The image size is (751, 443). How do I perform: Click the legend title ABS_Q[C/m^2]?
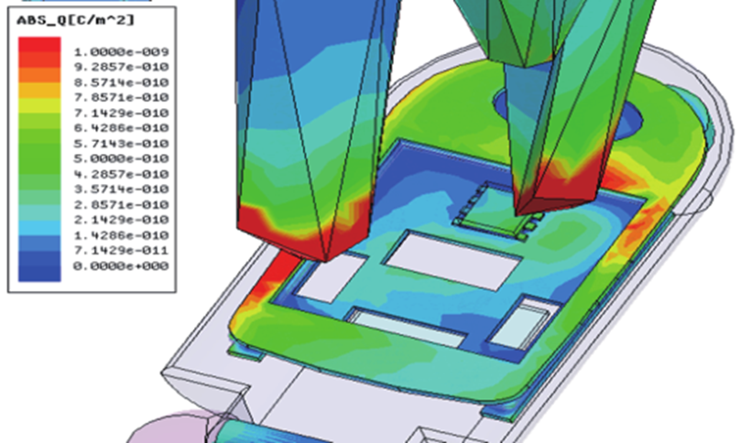pyautogui.click(x=76, y=20)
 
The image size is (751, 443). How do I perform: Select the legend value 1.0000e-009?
pyautogui.click(x=121, y=51)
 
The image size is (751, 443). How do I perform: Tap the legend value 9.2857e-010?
pyautogui.click(x=121, y=67)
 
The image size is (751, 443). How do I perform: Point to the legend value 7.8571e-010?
pyautogui.click(x=121, y=98)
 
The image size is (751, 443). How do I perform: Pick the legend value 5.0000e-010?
pyautogui.click(x=121, y=159)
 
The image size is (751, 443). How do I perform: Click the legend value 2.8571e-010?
pyautogui.click(x=121, y=205)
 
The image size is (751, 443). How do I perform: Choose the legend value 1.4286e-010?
pyautogui.click(x=121, y=235)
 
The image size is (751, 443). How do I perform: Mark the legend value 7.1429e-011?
pyautogui.click(x=121, y=251)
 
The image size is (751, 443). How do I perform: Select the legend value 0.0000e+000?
pyautogui.click(x=121, y=266)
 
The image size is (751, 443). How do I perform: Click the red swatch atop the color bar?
pyautogui.click(x=39, y=45)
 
